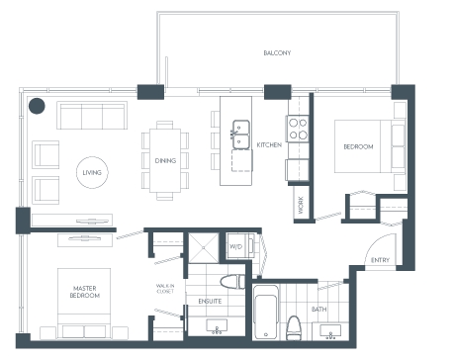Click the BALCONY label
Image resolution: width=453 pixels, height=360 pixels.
click(277, 52)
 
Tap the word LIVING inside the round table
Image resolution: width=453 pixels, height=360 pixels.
click(92, 172)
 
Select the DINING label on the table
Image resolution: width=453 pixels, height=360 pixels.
click(165, 160)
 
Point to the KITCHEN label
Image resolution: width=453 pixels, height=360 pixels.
click(269, 144)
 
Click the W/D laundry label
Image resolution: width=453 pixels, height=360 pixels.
click(235, 246)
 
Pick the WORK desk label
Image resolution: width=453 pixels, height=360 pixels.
click(301, 205)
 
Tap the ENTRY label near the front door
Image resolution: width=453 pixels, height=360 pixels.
click(380, 260)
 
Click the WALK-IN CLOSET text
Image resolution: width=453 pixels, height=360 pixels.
click(165, 289)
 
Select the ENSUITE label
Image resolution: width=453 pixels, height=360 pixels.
click(210, 301)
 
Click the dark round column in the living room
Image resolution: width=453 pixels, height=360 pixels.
click(37, 106)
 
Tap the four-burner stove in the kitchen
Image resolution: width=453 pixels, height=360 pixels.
click(298, 129)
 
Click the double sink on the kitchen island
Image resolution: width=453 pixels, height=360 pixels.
click(241, 135)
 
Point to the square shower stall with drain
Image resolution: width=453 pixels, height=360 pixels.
click(204, 248)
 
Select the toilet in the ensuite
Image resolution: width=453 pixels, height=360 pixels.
click(232, 282)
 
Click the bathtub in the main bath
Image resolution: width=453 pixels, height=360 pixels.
click(266, 313)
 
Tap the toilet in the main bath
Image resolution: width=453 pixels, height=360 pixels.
click(293, 327)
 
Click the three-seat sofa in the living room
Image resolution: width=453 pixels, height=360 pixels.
click(92, 116)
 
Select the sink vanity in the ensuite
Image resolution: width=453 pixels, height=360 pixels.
click(217, 326)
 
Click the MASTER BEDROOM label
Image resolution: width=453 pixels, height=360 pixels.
click(85, 292)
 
